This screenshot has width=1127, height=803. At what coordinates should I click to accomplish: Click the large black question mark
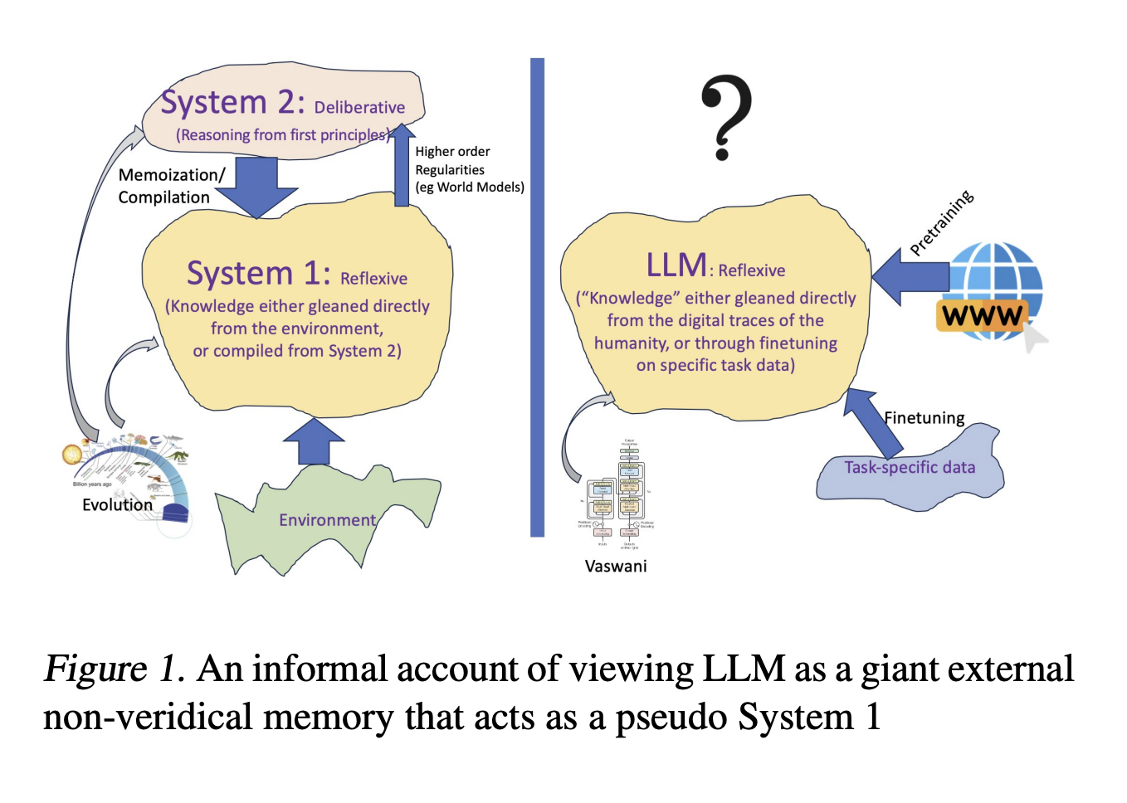[726, 116]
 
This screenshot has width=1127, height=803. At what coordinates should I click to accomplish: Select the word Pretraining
[941, 222]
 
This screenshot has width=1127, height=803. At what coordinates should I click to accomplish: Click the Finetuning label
[924, 418]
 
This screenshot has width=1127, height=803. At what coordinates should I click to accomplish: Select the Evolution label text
[117, 504]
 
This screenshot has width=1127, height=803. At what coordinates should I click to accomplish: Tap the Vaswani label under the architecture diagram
[615, 567]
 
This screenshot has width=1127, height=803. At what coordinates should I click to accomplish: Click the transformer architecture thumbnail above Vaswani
[617, 494]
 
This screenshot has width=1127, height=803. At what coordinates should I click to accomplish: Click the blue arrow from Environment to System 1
[314, 440]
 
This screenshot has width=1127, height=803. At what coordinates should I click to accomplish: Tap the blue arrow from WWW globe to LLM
[910, 277]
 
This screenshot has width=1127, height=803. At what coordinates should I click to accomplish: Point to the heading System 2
[233, 103]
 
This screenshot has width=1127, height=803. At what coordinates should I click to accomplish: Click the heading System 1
[258, 274]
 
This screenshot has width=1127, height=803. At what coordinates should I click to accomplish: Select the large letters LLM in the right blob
[676, 265]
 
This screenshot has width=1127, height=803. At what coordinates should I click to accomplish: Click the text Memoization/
[171, 175]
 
